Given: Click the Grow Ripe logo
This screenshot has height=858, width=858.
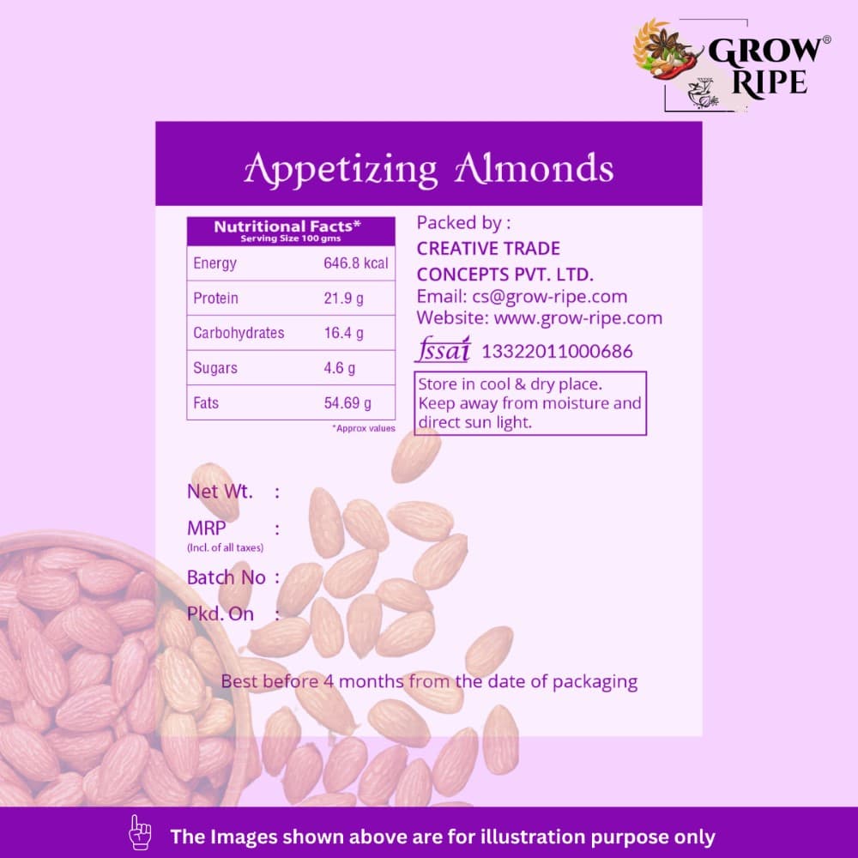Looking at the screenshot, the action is coord(732,66).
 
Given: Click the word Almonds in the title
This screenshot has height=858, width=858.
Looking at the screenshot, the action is coord(534,168).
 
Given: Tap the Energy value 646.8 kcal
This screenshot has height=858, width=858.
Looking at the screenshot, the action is coord(356,263).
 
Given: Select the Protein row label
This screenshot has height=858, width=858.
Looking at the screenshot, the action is coord(215,299).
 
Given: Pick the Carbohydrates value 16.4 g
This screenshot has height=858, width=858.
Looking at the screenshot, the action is coord(344,333).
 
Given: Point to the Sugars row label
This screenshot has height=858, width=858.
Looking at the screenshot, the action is coord(215,368).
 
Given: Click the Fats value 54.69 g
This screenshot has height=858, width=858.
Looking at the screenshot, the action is coord(347,403).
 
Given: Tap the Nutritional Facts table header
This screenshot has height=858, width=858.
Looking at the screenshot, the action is coord(291,231).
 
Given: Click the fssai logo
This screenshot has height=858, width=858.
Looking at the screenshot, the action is coord(443,349).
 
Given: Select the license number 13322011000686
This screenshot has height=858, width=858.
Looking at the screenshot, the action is coord(557,351).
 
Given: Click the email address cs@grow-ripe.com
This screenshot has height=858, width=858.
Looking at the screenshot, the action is coord(549,297).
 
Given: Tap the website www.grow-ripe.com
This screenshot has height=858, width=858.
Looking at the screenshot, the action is coord(577,318).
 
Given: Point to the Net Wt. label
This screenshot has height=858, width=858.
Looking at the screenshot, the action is coord(220,492).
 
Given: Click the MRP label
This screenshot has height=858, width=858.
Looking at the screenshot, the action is coord(206,528).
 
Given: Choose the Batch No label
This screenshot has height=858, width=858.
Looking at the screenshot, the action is coord(226,577).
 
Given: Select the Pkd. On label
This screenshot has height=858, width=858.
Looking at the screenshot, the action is coord(220,614).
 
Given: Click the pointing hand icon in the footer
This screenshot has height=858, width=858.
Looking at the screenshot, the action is coord(140,832).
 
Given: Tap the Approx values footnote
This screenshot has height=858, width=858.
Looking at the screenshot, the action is coord(363,428).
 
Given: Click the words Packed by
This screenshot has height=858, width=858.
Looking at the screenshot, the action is coord(463,223).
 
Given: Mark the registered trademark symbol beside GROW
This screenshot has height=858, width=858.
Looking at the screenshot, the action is coord(827,39).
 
